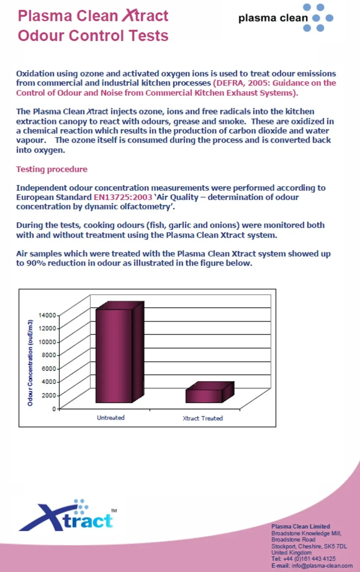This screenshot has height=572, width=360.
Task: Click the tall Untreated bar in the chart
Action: pyautogui.click(x=114, y=355)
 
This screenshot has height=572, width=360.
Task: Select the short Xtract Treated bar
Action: pyautogui.click(x=204, y=396)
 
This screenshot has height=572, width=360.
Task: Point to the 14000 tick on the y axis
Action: pyautogui.click(x=47, y=315)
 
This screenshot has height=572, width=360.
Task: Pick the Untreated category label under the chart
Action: pyautogui.click(x=110, y=418)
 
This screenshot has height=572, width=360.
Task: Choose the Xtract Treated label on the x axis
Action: pyautogui.click(x=203, y=418)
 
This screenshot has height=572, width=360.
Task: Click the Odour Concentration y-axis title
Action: pyautogui.click(x=30, y=363)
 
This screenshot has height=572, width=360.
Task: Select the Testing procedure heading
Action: pyautogui.click(x=52, y=169)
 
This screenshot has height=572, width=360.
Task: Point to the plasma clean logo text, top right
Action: pyautogui.click(x=273, y=18)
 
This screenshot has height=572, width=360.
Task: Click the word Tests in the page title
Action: pyautogui.click(x=147, y=36)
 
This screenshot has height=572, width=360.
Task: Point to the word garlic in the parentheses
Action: pyautogui.click(x=180, y=225)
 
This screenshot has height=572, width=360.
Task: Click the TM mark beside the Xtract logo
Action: pyautogui.click(x=114, y=511)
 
